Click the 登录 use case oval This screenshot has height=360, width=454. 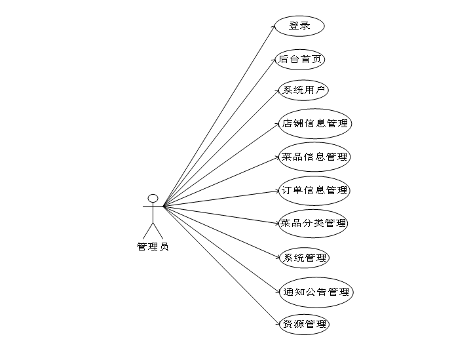click(x=299, y=26)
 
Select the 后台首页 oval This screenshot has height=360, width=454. click(x=299, y=59)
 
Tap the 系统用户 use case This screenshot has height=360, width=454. click(x=303, y=90)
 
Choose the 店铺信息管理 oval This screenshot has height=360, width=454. click(x=314, y=123)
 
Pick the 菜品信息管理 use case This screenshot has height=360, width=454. click(x=314, y=157)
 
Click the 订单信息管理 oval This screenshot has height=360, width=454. click(x=314, y=190)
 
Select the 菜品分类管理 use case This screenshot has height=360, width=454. click(x=312, y=224)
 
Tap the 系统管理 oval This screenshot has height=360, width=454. click(x=303, y=258)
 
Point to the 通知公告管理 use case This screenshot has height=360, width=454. click(x=315, y=292)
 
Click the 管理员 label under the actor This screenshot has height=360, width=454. click(x=153, y=247)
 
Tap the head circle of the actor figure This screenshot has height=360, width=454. click(x=153, y=198)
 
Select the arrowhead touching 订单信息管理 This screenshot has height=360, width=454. click(x=276, y=191)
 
